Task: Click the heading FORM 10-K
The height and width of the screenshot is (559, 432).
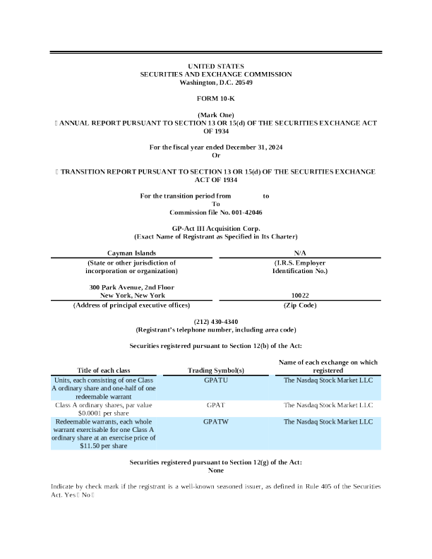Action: pos(215,98)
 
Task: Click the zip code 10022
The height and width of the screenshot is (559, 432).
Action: pos(299,296)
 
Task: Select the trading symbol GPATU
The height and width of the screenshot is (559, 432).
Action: pos(215,379)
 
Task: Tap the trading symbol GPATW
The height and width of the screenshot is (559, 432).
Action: pos(215,421)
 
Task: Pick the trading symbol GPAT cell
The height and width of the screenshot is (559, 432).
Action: pos(215,406)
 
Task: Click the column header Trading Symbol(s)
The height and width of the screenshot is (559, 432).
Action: pos(215,370)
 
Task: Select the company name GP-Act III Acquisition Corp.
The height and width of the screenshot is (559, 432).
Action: pos(215,229)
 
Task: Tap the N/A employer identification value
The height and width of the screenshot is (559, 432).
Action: pos(299,253)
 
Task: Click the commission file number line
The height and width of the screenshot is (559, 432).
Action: pos(215,212)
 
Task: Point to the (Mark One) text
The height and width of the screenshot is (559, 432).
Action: pos(215,114)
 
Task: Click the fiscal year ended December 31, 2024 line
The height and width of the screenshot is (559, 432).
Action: pos(215,147)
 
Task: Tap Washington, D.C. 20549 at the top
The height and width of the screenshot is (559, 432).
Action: pos(215,83)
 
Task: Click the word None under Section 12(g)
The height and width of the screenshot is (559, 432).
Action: pos(215,470)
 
